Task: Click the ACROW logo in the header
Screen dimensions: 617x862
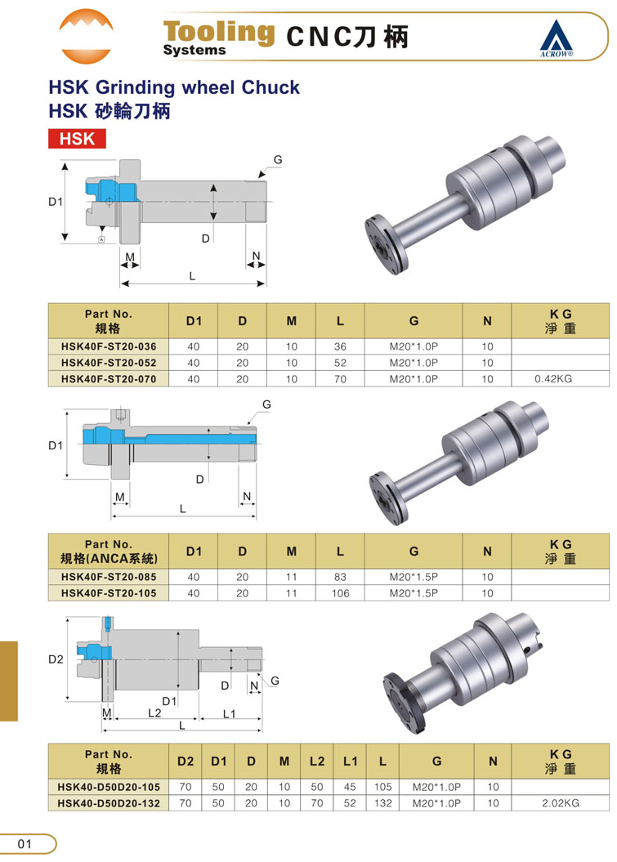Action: [x=556, y=38]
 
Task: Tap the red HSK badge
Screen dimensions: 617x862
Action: [x=77, y=139]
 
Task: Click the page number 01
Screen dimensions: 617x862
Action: [x=25, y=844]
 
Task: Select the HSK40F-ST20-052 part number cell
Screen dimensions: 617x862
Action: [x=109, y=363]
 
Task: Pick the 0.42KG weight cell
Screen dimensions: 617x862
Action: [x=553, y=379]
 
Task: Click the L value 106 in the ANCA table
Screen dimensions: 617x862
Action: [x=341, y=593]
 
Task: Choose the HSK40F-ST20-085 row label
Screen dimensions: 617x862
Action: [x=109, y=577]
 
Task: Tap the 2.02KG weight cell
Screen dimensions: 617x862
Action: [x=561, y=803]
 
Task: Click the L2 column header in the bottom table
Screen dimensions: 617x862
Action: [x=317, y=762]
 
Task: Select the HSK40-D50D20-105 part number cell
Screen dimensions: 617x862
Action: [x=109, y=787]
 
